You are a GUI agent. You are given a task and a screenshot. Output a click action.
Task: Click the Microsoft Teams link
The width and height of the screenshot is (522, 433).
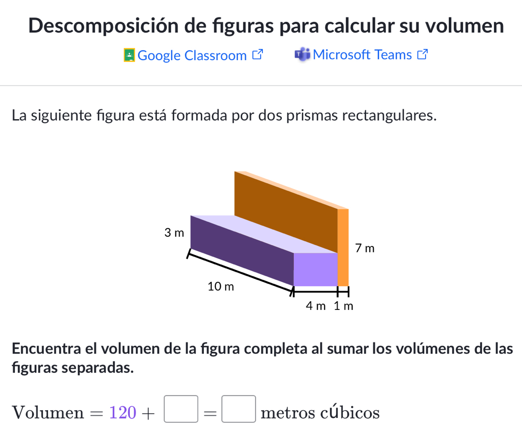(x=362, y=55)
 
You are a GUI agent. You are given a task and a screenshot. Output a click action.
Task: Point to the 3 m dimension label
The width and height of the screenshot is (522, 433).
(x=174, y=233)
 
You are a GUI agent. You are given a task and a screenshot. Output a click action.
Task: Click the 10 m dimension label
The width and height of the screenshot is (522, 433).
(x=221, y=286)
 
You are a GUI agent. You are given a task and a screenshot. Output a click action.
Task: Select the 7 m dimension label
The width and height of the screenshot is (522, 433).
(x=365, y=249)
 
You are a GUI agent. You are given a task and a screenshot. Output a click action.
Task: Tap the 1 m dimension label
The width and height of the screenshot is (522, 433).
(x=344, y=306)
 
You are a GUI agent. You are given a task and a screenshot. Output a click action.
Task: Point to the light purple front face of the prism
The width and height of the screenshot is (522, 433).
(x=315, y=269)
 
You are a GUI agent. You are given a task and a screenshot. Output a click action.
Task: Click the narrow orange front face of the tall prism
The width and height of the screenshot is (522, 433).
(x=343, y=247)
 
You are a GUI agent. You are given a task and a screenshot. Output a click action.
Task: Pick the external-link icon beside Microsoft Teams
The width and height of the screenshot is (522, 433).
(x=424, y=55)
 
